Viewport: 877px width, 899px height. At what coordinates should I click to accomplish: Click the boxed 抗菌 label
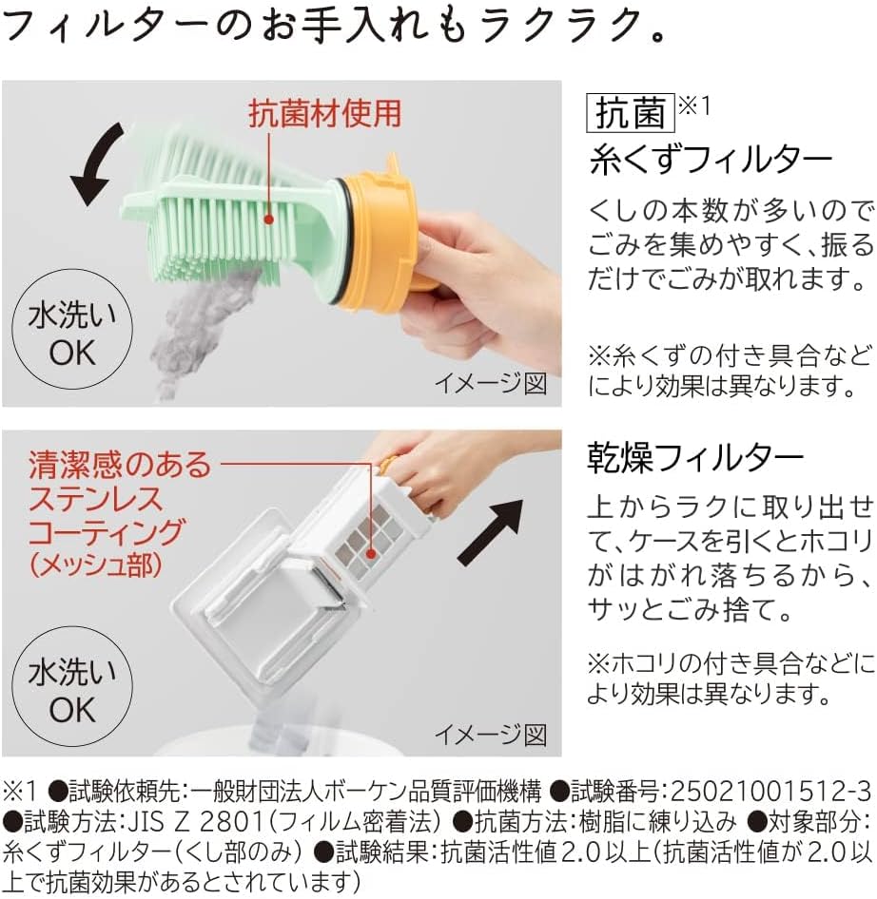(630, 112)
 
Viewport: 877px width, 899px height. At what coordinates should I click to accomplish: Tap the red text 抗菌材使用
(325, 113)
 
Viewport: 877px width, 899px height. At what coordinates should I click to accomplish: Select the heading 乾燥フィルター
(695, 458)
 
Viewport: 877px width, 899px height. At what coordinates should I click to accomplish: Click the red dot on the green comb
(268, 219)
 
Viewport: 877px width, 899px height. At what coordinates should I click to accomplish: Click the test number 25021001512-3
(770, 792)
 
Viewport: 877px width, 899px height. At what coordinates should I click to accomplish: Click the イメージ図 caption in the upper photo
(491, 383)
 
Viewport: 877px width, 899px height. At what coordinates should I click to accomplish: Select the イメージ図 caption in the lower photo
(491, 735)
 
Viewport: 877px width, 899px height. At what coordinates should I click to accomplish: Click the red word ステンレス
(96, 499)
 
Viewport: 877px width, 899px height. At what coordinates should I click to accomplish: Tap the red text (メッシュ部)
(96, 565)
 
